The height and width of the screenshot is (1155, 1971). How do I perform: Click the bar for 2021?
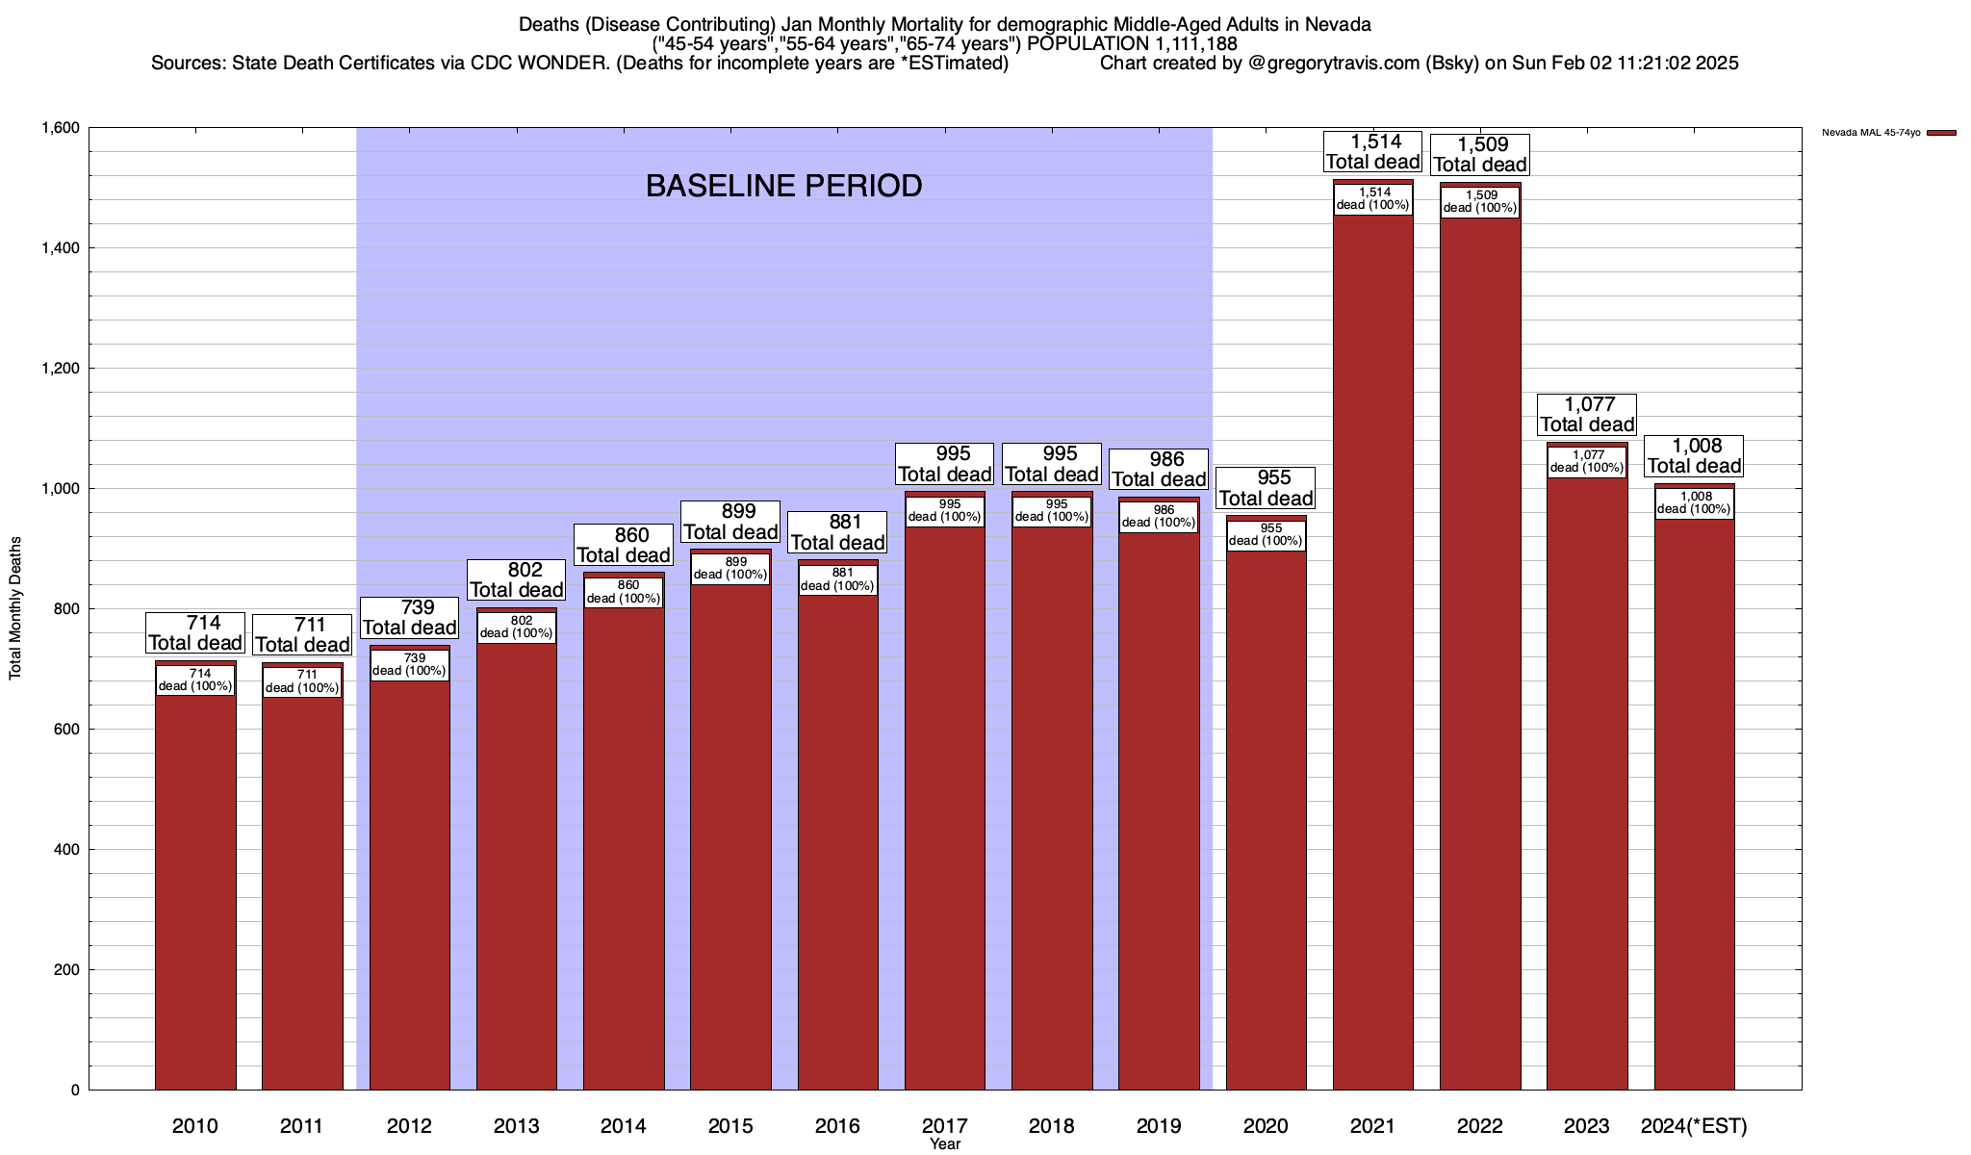tap(1372, 674)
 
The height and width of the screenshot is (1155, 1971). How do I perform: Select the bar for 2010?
tap(195, 885)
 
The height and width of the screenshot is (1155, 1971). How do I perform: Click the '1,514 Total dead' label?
tap(1372, 152)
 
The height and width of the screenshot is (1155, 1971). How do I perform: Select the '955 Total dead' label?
tap(1266, 488)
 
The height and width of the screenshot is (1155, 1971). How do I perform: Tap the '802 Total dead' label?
tap(517, 579)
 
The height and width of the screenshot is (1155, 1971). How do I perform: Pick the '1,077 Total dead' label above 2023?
tap(1587, 414)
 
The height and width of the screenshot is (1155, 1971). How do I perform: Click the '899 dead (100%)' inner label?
tap(730, 568)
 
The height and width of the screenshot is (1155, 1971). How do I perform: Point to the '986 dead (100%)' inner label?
tap(1159, 516)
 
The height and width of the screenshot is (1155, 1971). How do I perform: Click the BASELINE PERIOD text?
tap(783, 186)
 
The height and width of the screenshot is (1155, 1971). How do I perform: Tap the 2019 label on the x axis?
tap(1159, 1125)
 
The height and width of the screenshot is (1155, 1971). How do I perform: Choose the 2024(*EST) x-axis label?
tap(1694, 1125)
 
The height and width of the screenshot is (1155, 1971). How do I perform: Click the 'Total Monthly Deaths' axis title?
tap(15, 608)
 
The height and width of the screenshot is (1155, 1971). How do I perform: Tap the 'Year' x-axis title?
tap(945, 1144)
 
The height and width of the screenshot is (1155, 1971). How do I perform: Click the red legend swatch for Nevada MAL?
tap(1941, 133)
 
